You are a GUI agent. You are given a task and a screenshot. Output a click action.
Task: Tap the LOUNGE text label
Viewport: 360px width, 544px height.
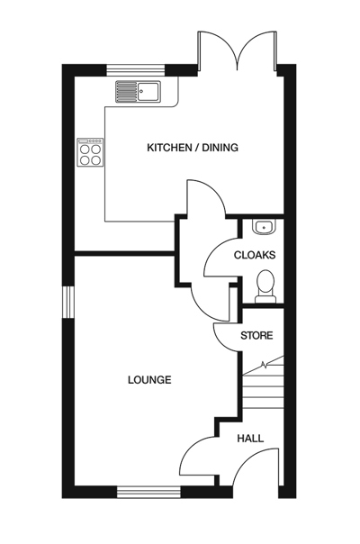[x=149, y=380]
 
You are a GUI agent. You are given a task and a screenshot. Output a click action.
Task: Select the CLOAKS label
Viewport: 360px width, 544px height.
[x=255, y=255]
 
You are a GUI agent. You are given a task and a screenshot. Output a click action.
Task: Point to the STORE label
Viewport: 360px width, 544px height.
[x=256, y=336]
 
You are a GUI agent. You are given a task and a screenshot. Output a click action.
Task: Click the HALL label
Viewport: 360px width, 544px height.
[x=250, y=439]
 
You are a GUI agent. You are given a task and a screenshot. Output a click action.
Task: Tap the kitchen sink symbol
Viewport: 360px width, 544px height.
[x=136, y=91]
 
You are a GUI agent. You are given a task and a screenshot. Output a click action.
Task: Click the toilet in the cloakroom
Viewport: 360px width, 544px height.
[x=265, y=286]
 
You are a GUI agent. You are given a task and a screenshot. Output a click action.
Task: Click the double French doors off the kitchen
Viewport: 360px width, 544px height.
[x=238, y=52]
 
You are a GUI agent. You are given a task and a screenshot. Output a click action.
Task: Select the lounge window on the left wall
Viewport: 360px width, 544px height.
[x=67, y=302]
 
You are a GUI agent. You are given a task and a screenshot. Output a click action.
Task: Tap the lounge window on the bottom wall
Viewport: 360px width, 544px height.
[x=148, y=492]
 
